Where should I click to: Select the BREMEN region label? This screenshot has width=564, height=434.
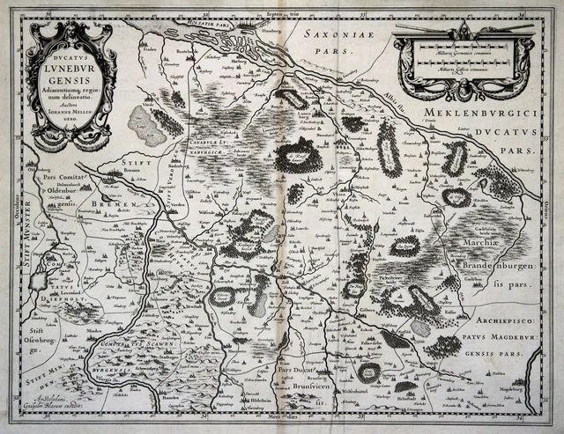pos(109,203)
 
